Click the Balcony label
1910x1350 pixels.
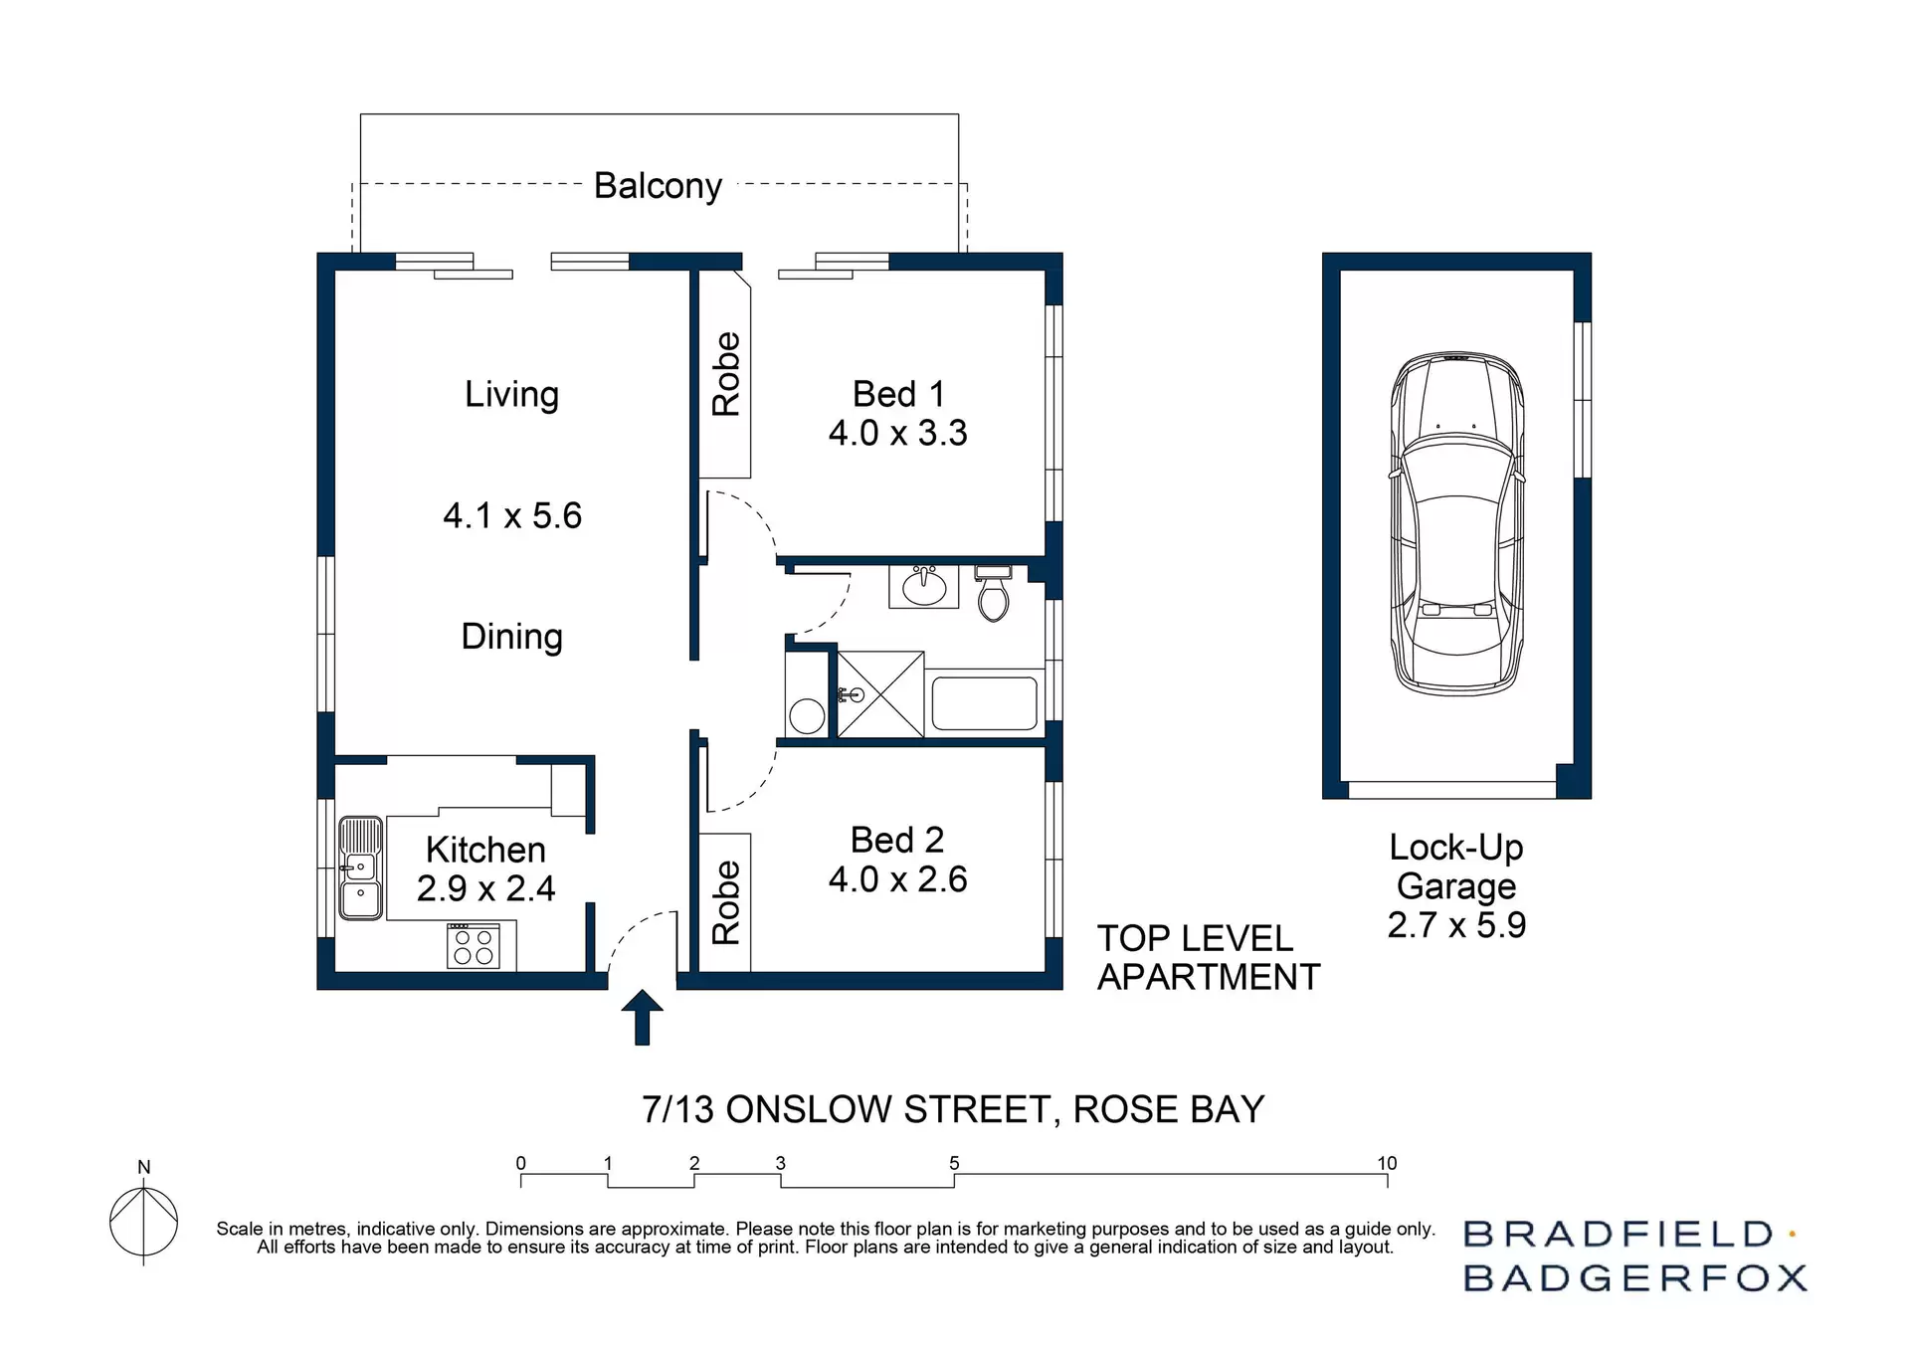658,186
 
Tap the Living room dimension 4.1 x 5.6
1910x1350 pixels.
511,515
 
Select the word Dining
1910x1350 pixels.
511,637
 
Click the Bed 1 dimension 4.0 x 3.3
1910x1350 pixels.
897,434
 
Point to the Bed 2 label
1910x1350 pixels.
896,841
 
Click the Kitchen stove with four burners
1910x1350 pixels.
474,946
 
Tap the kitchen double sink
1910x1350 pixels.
360,868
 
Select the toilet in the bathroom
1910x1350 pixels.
993,594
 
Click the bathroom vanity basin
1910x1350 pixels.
924,587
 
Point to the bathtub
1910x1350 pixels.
985,701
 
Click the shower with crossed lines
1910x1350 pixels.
880,694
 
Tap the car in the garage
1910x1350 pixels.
1456,523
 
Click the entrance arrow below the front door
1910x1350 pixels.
642,1017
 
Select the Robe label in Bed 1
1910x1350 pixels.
726,374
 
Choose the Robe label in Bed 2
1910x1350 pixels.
726,902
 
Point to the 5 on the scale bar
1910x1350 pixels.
954,1163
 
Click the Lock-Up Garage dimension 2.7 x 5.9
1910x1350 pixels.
1456,925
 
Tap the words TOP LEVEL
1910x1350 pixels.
1194,939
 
